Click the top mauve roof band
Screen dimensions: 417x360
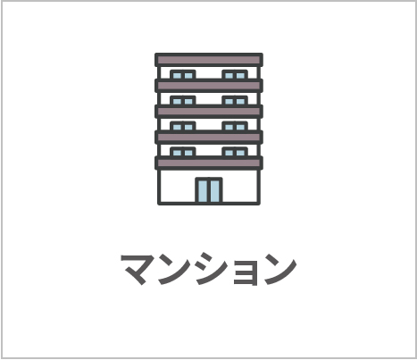209,60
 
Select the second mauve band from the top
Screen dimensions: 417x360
209,86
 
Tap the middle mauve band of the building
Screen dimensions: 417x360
209,112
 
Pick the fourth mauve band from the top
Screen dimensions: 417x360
209,137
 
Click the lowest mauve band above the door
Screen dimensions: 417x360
209,163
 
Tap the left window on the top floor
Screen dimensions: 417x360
183,75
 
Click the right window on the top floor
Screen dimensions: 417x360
235,75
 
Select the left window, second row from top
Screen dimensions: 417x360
183,101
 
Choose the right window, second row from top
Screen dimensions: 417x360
235,101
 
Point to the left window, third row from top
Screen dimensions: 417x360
183,126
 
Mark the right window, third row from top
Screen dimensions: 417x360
235,126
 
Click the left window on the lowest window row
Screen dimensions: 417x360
183,152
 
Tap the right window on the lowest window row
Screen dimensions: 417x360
235,152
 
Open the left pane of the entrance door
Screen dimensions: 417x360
203,191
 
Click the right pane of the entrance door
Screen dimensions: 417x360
215,191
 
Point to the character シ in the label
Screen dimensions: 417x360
213,269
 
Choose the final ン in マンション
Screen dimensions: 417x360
280,269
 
